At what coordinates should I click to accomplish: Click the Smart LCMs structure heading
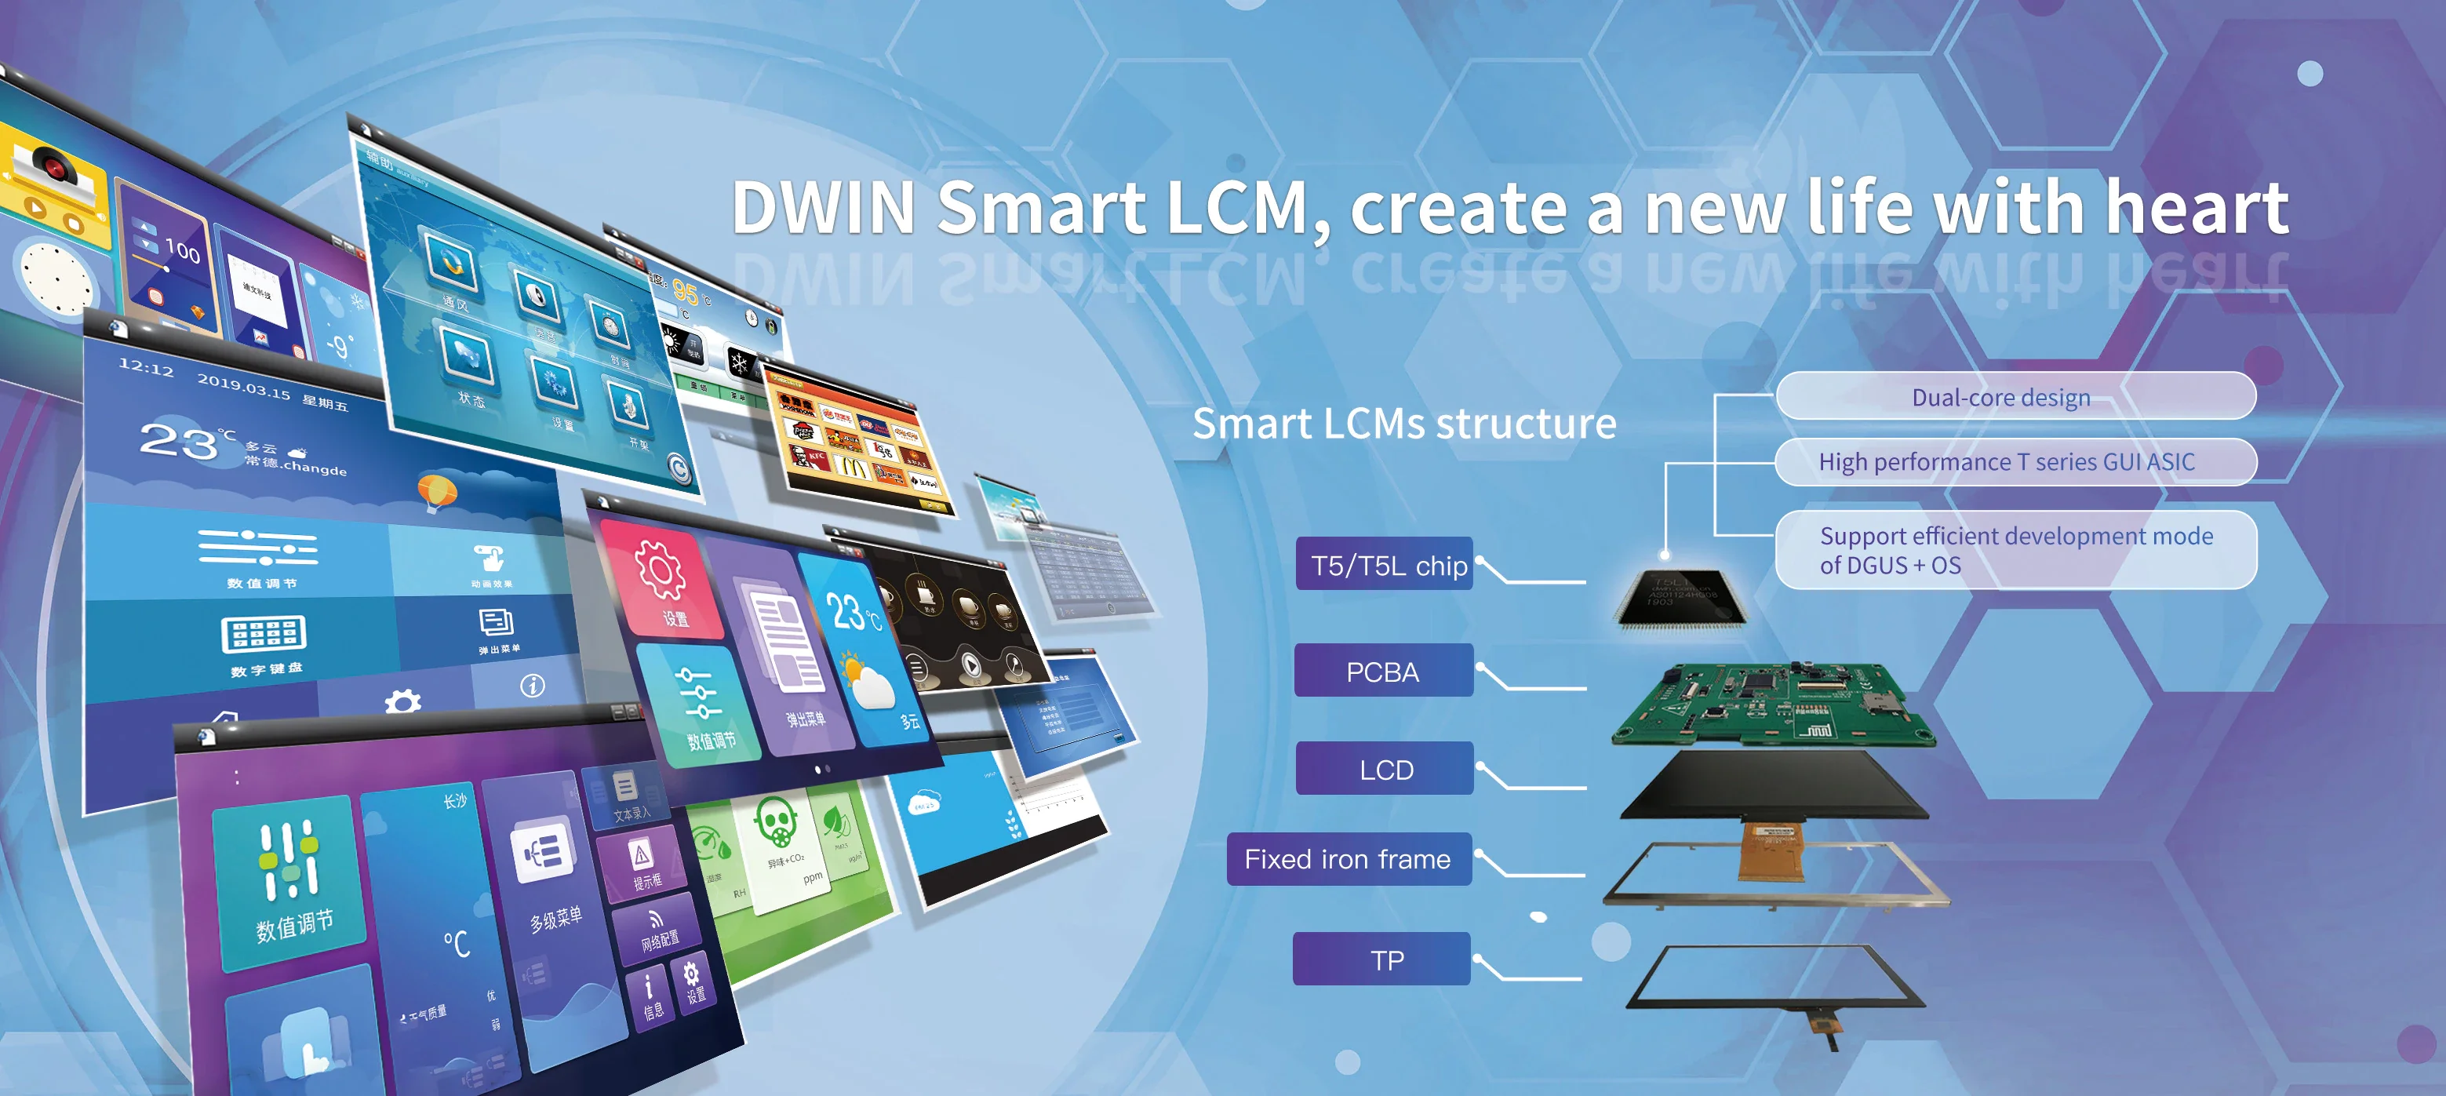[x=1403, y=424]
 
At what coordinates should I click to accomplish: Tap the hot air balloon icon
[x=437, y=491]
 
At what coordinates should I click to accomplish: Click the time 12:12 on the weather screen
[x=145, y=366]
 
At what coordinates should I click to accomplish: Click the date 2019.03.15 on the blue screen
[x=243, y=385]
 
